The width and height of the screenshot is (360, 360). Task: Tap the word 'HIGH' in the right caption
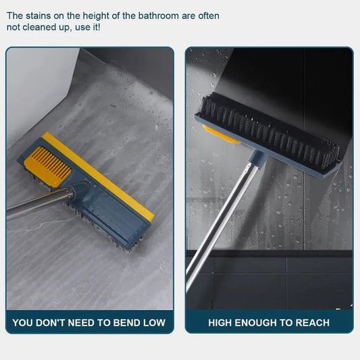tap(222, 322)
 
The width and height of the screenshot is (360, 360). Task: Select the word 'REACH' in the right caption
tap(311, 322)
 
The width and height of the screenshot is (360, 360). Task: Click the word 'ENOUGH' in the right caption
tap(260, 322)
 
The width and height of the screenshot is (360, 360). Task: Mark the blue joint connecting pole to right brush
tap(251, 163)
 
